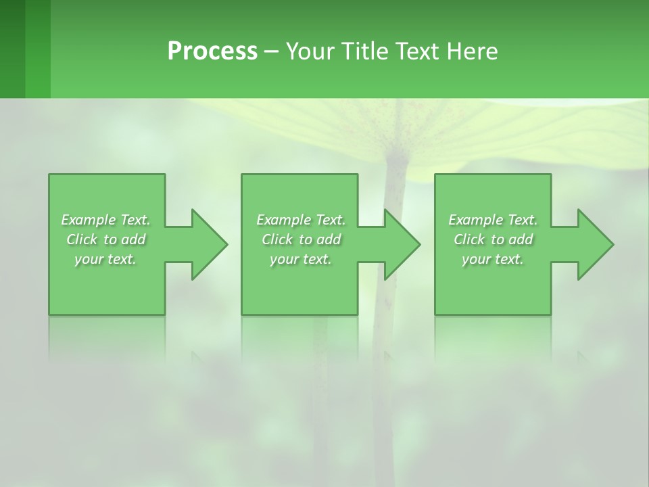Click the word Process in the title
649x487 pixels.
pyautogui.click(x=212, y=51)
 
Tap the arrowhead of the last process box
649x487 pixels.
pyautogui.click(x=594, y=244)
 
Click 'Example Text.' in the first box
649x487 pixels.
pyautogui.click(x=105, y=220)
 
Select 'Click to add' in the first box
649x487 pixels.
pyautogui.click(x=105, y=239)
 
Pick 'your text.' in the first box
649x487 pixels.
pyautogui.click(x=105, y=259)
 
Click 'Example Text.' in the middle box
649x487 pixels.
pyautogui.click(x=301, y=220)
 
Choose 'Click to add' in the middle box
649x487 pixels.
pyautogui.click(x=301, y=239)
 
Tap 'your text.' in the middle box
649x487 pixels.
pyautogui.click(x=301, y=259)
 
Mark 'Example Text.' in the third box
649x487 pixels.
pyautogui.click(x=493, y=220)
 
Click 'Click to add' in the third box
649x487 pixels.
pyautogui.click(x=493, y=239)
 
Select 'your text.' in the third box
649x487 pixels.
pyautogui.click(x=493, y=259)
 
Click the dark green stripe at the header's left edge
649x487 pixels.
pyautogui.click(x=12, y=49)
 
